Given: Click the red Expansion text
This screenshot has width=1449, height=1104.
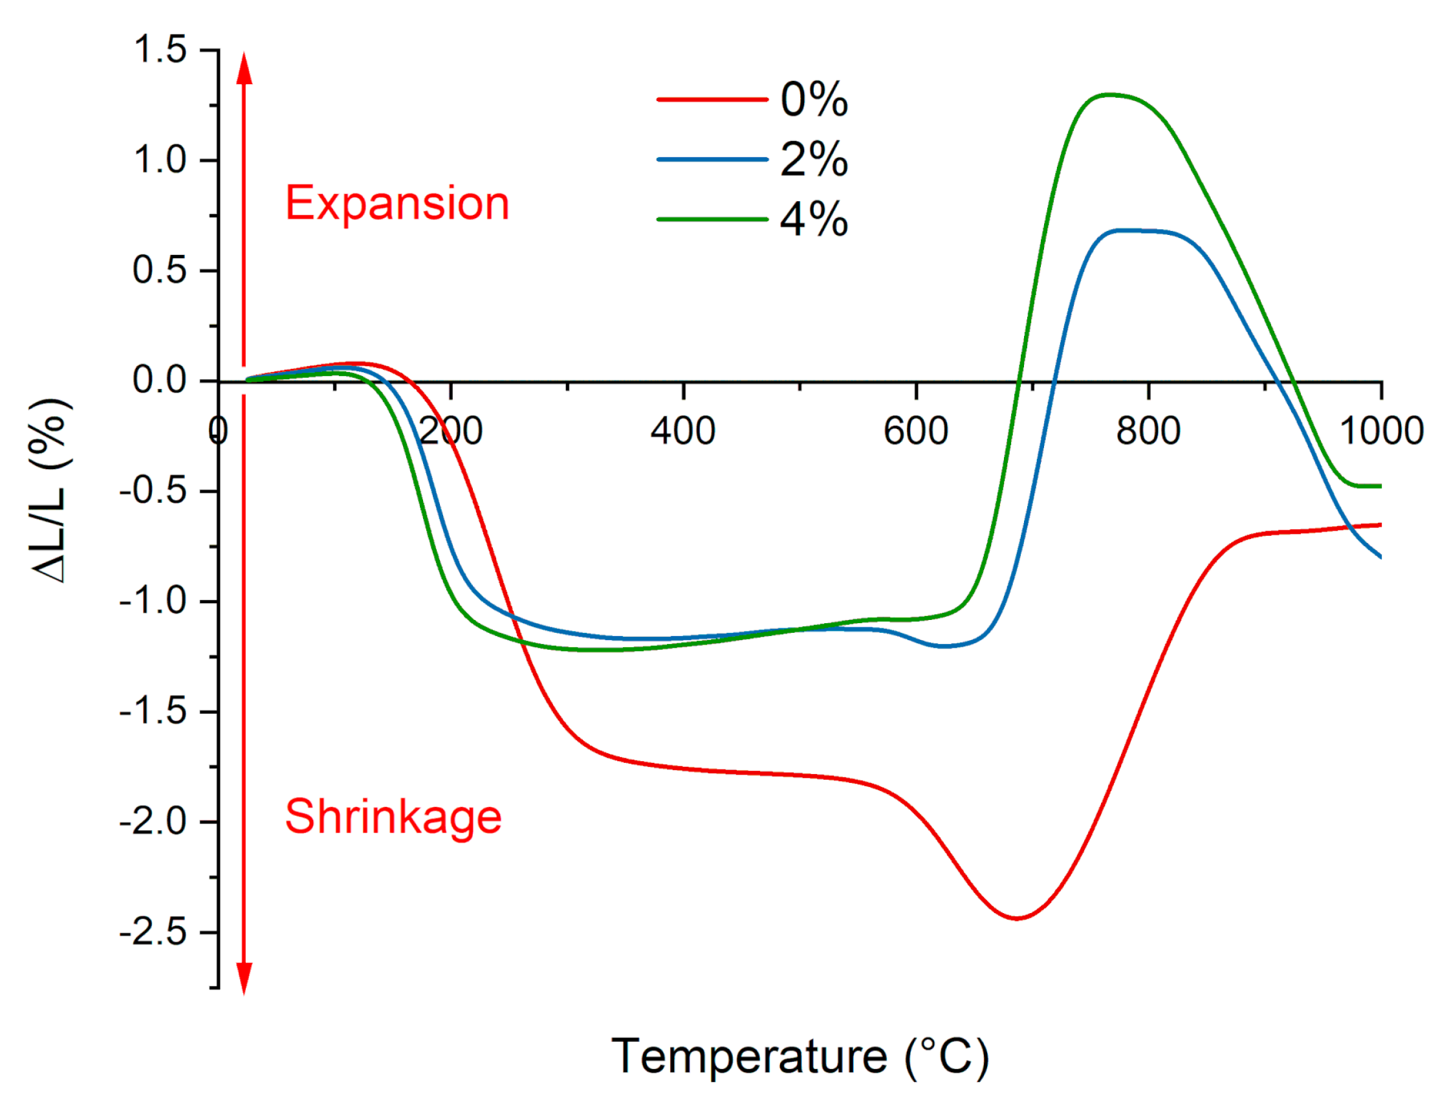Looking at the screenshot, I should tap(397, 204).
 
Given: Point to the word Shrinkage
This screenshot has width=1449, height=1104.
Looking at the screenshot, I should tap(393, 817).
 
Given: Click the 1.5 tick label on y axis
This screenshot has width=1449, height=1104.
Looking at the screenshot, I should tap(160, 50).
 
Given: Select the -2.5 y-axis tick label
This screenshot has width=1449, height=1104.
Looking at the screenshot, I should tap(153, 933).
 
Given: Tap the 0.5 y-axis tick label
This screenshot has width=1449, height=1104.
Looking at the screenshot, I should tap(160, 270).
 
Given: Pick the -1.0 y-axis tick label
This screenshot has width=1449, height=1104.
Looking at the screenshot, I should tap(153, 601).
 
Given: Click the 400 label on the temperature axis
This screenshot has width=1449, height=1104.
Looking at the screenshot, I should tap(683, 432).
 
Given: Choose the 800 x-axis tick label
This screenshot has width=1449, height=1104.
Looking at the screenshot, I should tap(1148, 432).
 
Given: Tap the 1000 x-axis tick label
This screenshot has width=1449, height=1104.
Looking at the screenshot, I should tap(1381, 432).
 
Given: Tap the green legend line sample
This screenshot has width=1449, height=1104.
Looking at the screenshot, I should tap(712, 219).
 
